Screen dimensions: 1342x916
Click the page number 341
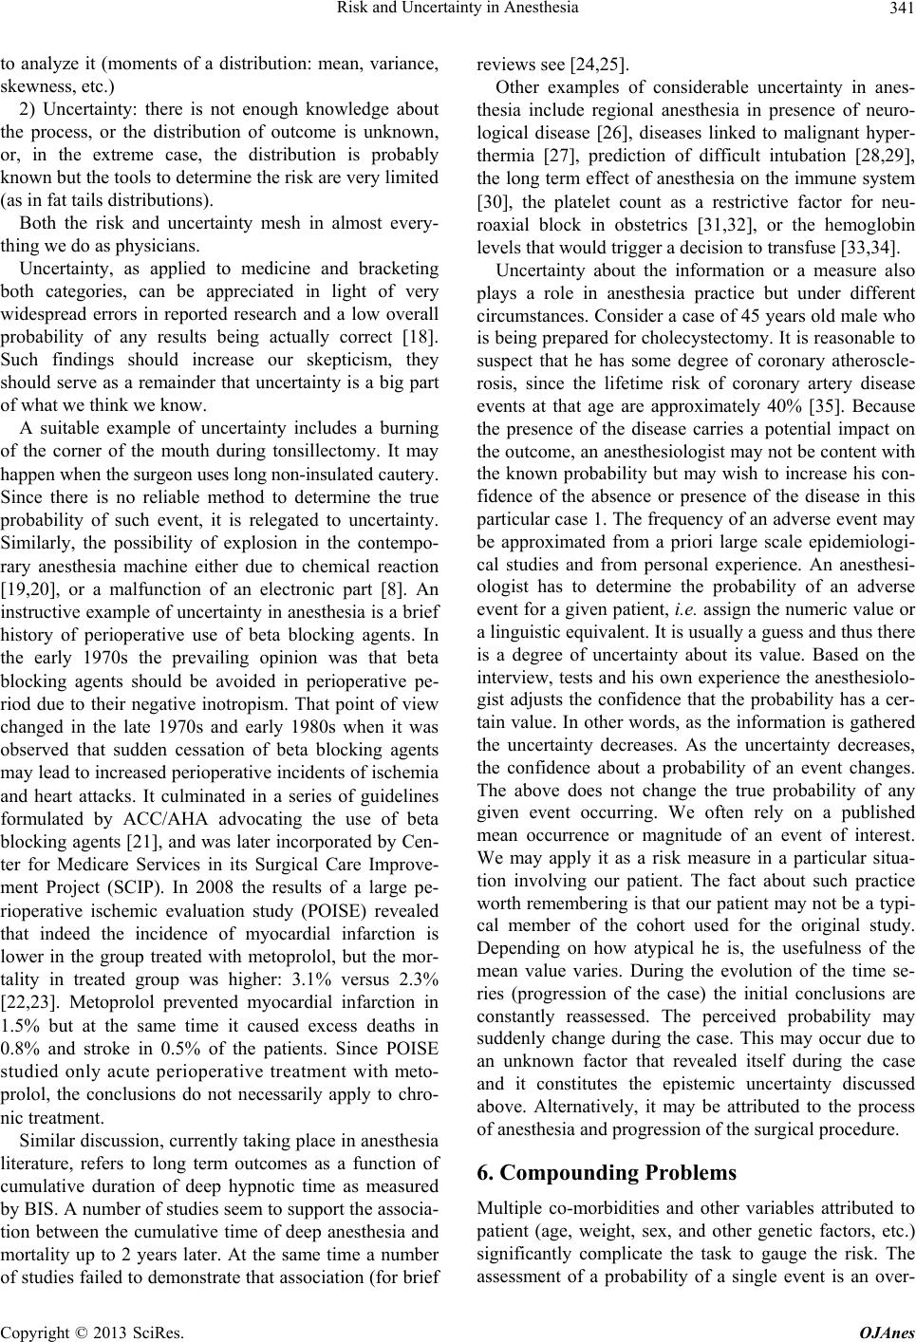pos(900,11)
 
